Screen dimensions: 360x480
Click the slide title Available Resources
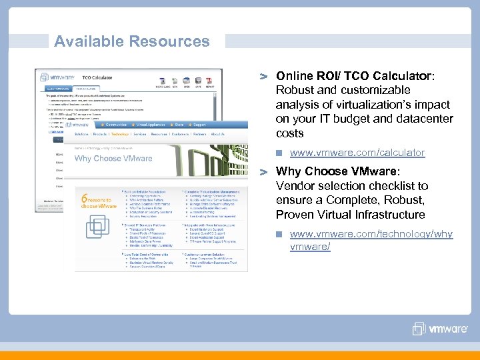(x=132, y=41)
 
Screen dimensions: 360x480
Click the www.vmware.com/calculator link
(x=357, y=153)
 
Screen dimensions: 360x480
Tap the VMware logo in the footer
(x=439, y=329)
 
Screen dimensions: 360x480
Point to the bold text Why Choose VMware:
(x=337, y=171)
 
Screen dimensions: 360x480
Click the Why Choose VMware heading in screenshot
(x=113, y=159)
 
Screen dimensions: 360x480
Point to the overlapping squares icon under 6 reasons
(x=98, y=225)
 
